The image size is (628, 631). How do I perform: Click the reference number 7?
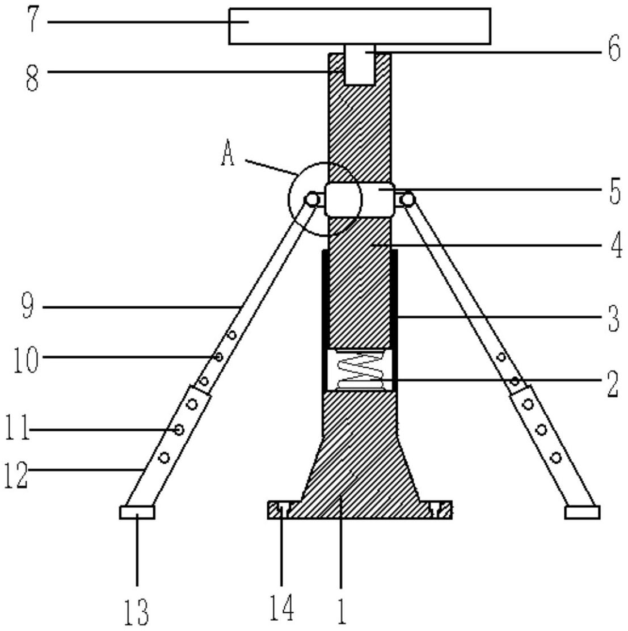coord(33,21)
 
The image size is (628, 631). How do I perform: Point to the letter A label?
coord(227,154)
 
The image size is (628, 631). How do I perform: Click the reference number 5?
coord(614,192)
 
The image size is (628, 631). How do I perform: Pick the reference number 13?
coord(136,610)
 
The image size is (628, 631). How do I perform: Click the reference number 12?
coord(16,474)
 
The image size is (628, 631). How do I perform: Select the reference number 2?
coord(613,384)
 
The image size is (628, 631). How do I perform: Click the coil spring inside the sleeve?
coord(360,369)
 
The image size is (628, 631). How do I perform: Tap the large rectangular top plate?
coord(359,26)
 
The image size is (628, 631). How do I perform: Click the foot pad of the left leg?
coord(137,512)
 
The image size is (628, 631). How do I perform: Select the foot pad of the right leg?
coord(582,512)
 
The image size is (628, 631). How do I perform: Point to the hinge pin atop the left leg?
coord(311,199)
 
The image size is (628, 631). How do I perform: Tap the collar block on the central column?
coord(359,200)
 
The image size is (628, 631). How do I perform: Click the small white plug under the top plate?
coord(360,64)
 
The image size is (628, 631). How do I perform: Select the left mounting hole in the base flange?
coord(283,510)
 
